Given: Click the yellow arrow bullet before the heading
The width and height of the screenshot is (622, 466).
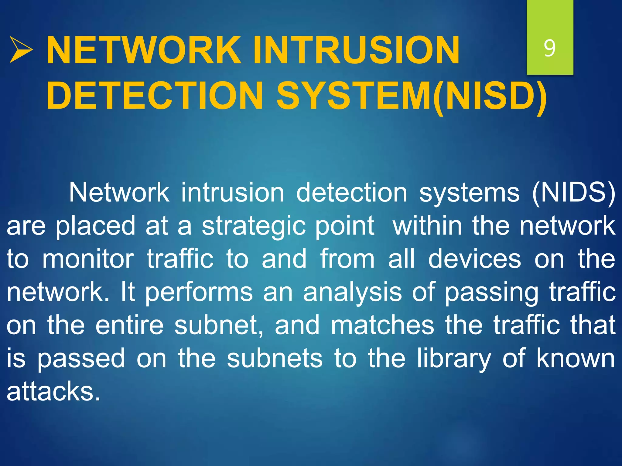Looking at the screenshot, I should tap(21, 49).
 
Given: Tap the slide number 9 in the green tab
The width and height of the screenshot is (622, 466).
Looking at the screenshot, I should tap(549, 48).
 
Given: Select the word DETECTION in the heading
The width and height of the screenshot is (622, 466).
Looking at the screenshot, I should tap(154, 96).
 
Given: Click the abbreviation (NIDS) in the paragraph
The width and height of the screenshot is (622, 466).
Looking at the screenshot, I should tap(573, 193).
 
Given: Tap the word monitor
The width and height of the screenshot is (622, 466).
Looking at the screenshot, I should tap(88, 259).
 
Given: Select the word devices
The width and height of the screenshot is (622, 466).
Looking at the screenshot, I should tap(475, 259).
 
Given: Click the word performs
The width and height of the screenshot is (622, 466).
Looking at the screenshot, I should tap(199, 292).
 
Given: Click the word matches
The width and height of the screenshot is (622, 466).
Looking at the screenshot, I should tap(382, 325).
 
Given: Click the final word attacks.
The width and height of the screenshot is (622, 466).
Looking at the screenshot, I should tap(53, 392).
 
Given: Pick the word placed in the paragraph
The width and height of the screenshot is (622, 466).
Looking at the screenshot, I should tap(95, 226).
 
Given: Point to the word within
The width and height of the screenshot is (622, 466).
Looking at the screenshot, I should tap(427, 226).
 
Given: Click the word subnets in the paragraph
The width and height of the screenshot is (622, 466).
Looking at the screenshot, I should tap(275, 359).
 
